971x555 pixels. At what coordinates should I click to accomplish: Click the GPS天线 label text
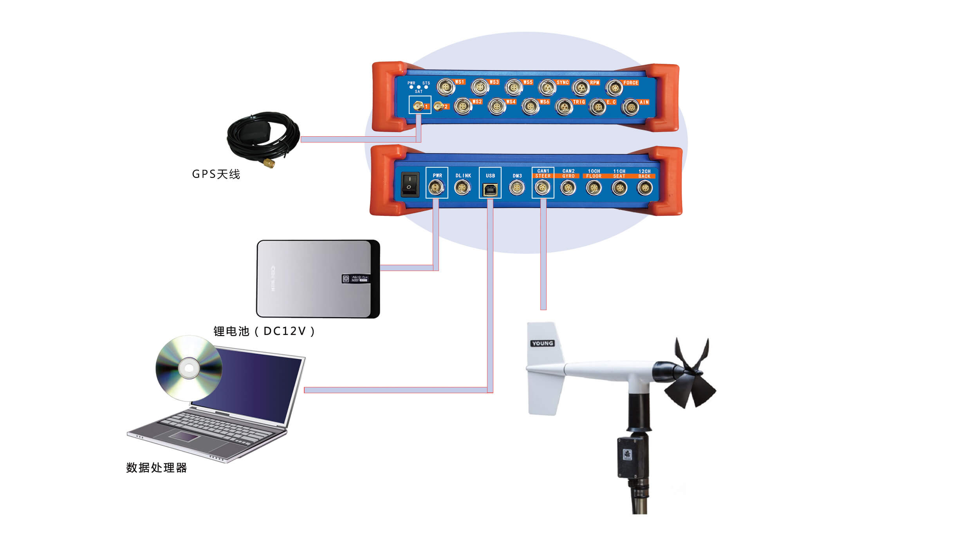[x=216, y=174]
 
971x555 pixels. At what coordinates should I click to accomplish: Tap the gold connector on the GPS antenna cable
[x=269, y=162]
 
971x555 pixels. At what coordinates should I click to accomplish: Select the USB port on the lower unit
[x=490, y=190]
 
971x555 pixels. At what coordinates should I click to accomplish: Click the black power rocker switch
[x=410, y=184]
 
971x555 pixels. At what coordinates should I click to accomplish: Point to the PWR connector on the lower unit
[x=436, y=187]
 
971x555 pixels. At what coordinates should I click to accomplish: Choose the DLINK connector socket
[x=462, y=188]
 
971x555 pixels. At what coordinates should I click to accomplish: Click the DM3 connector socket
[x=516, y=188]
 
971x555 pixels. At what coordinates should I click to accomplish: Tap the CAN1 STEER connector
[x=542, y=188]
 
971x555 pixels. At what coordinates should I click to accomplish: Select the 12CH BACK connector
[x=644, y=188]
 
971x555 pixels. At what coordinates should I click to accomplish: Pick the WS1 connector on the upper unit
[x=446, y=87]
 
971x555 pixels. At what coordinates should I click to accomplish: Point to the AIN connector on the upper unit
[x=630, y=107]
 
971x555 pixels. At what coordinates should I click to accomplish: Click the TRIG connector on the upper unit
[x=564, y=107]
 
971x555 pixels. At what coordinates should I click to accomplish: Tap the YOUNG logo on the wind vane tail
[x=542, y=343]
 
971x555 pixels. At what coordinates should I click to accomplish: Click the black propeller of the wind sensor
[x=691, y=376]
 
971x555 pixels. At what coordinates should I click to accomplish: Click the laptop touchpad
[x=183, y=436]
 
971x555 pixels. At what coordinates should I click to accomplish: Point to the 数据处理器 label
[x=157, y=468]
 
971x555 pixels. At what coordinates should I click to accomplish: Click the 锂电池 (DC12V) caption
[x=264, y=331]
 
